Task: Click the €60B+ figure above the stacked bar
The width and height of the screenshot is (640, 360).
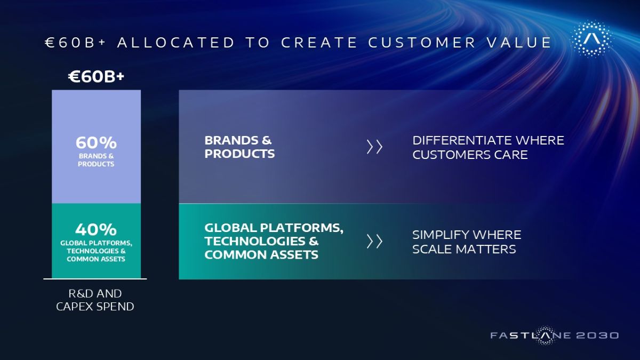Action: tap(97, 77)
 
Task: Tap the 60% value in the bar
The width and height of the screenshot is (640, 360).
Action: tap(96, 142)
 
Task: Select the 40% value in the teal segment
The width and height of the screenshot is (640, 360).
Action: tap(96, 229)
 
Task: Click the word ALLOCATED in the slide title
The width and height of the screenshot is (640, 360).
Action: tap(175, 43)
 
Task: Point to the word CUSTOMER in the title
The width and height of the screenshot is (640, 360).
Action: tap(422, 43)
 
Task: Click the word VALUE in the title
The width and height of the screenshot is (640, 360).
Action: tap(519, 43)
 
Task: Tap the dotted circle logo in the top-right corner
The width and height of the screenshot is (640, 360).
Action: tap(592, 39)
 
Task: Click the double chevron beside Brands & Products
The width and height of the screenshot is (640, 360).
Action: tap(374, 147)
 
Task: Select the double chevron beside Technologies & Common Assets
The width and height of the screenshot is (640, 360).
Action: tap(374, 242)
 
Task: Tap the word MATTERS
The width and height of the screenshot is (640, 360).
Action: tap(486, 249)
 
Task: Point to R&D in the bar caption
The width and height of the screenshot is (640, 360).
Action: tap(81, 294)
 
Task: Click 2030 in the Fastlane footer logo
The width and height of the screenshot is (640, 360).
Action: tap(597, 335)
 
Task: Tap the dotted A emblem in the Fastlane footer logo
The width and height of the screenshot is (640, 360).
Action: tap(545, 335)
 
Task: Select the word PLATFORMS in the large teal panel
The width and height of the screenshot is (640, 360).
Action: tap(302, 228)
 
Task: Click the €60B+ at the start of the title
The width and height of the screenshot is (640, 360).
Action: tap(75, 43)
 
